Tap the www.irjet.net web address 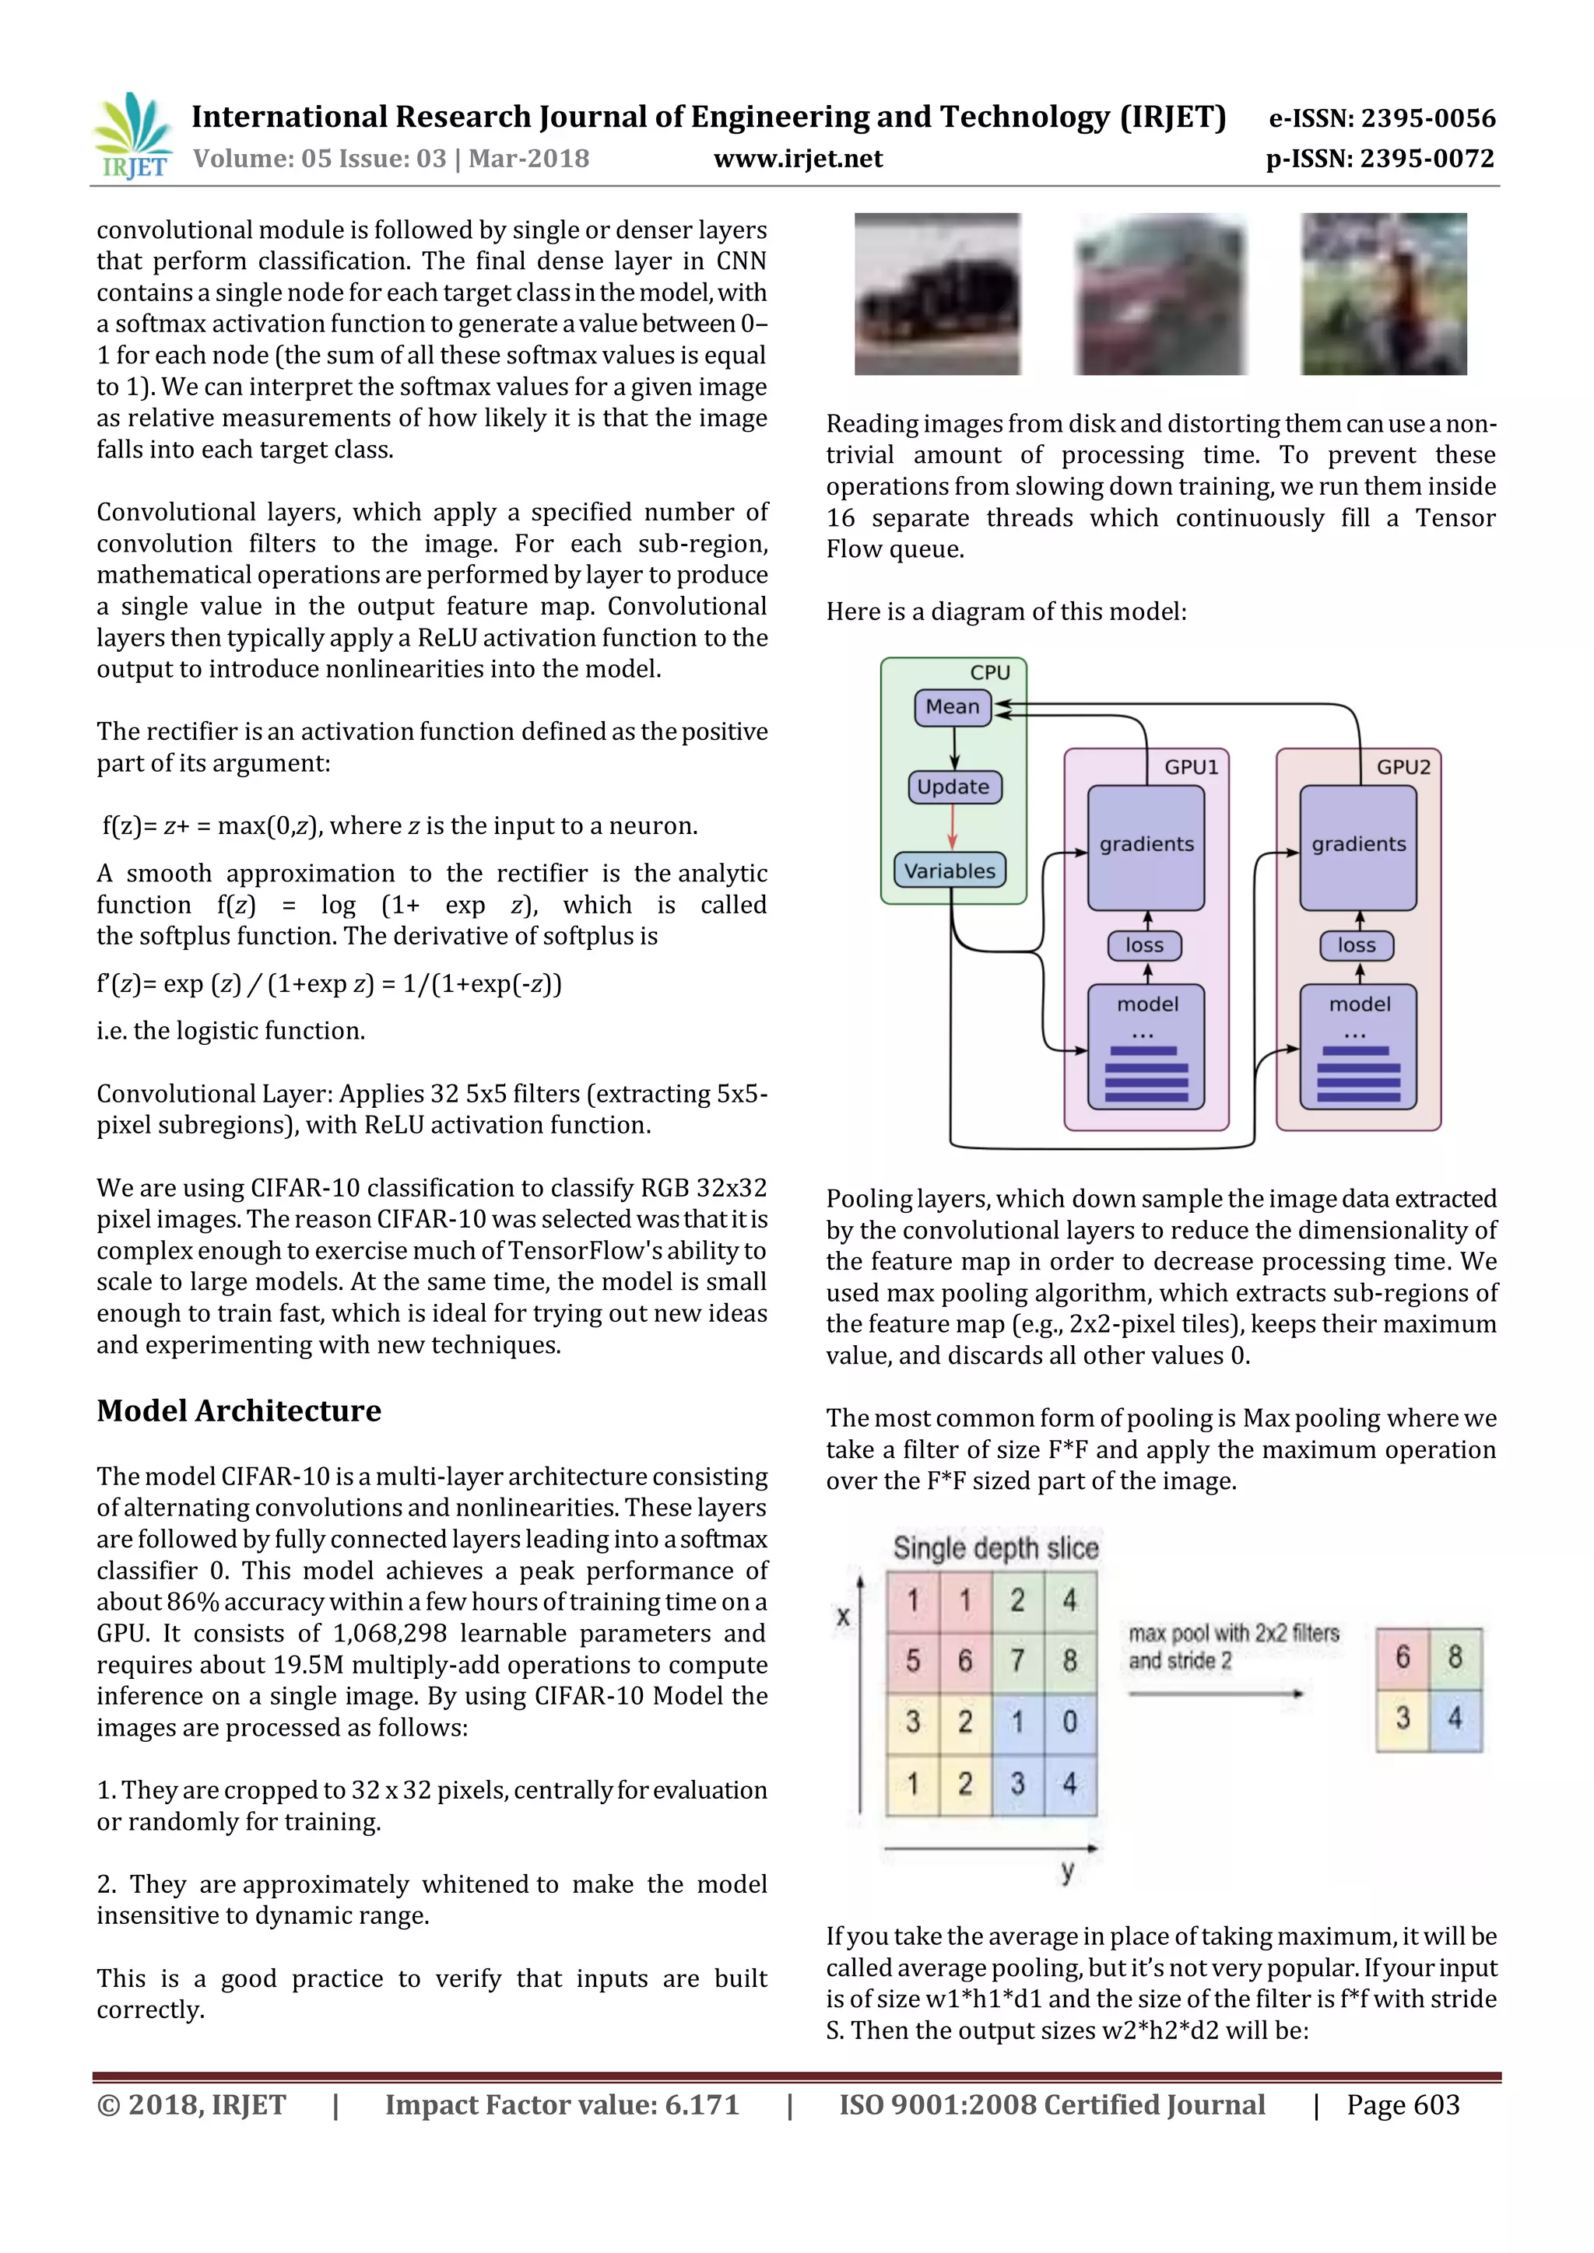pos(798,159)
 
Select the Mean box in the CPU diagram pos(952,706)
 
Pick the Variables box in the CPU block pos(949,871)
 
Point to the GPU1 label pos(1191,767)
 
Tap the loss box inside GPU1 pos(1144,945)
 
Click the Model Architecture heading pos(238,1410)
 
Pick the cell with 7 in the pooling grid pos(1018,1660)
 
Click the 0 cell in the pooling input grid pos(1070,1721)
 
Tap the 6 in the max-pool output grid pos(1403,1657)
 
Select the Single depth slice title pos(995,1547)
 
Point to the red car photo pos(1161,294)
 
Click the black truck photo pos(937,294)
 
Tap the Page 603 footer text pos(1403,2105)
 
